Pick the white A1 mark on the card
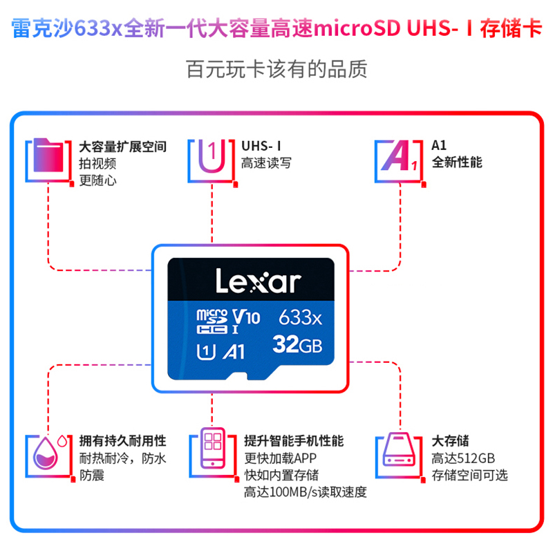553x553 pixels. click(233, 352)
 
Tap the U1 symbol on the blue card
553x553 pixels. click(205, 352)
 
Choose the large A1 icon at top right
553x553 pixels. click(395, 160)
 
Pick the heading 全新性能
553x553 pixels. click(456, 163)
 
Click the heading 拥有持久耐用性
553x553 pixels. click(123, 441)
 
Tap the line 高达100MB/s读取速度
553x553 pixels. click(305, 492)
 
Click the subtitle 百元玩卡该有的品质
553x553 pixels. click(276, 69)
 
